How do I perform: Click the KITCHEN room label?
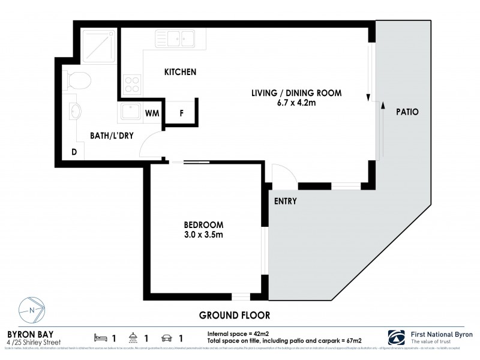181,72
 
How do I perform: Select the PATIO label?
407,112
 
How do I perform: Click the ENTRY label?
286,201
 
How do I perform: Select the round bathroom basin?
77,112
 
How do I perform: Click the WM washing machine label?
152,112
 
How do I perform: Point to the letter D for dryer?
74,152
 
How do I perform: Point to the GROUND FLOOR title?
235,314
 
